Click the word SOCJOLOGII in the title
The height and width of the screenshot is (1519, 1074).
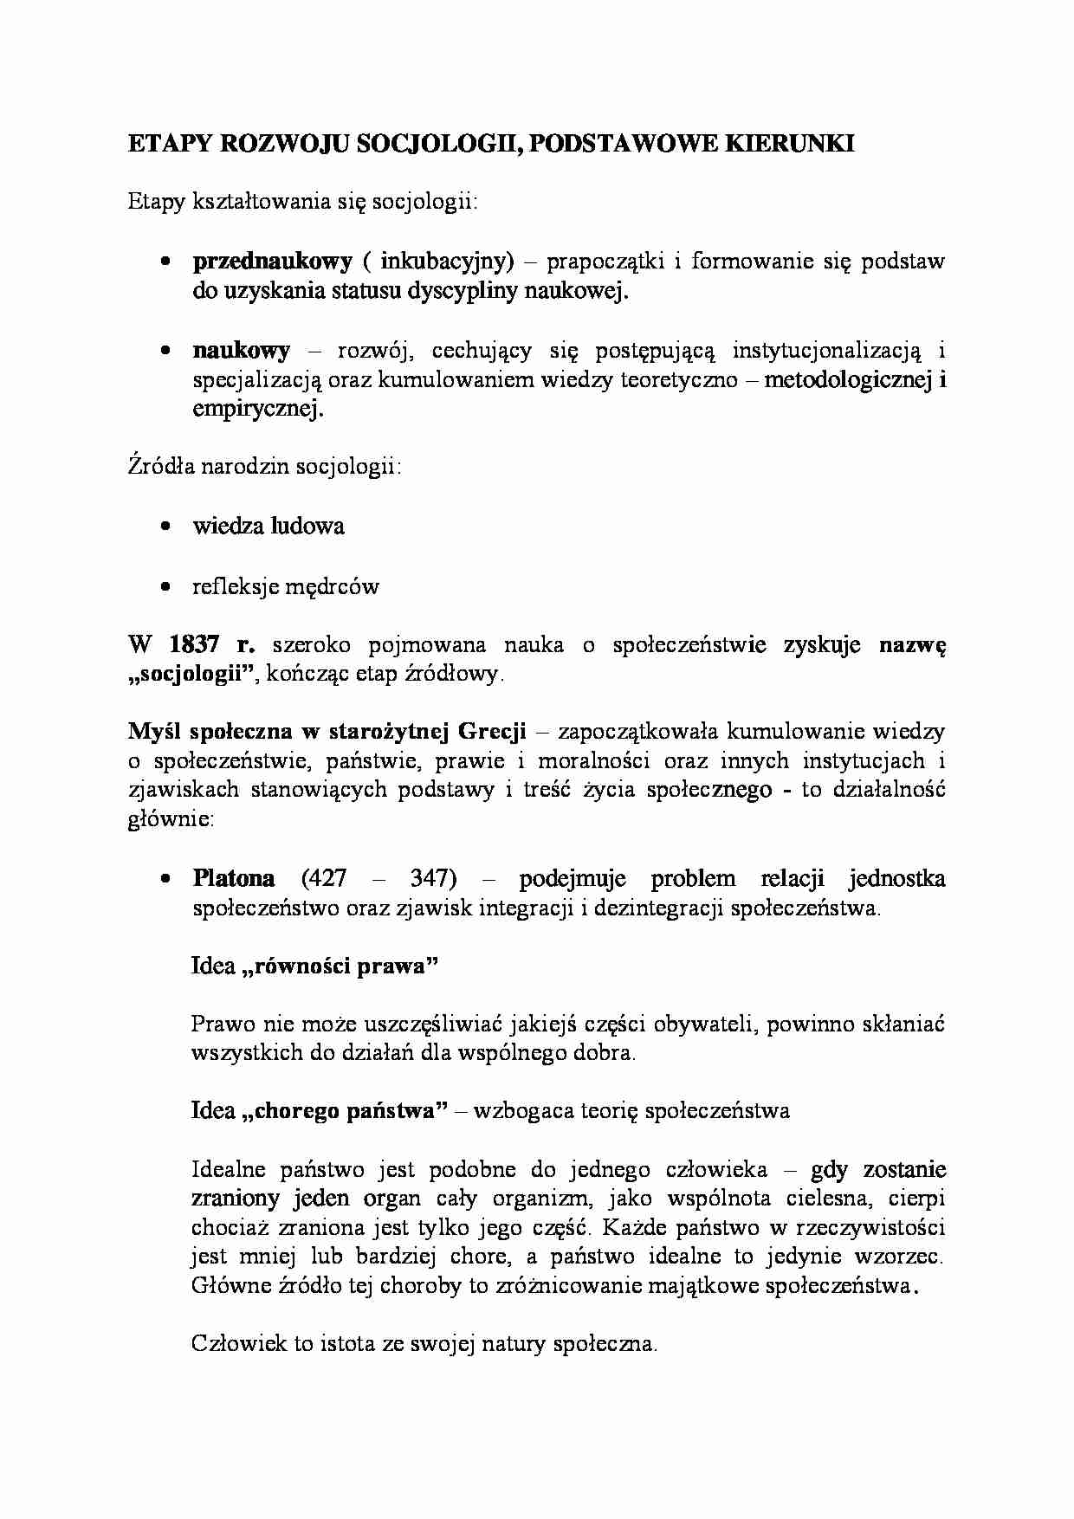click(x=435, y=144)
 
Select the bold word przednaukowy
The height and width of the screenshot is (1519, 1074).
click(x=272, y=261)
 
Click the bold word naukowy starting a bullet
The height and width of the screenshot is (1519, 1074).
click(x=241, y=350)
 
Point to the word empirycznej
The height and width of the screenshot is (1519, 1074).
click(x=257, y=409)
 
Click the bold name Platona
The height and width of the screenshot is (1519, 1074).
click(x=234, y=878)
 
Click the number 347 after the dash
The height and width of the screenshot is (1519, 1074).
click(x=432, y=878)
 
